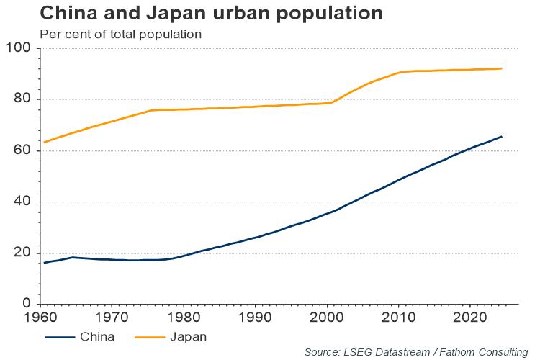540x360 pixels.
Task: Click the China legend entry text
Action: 97,336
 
